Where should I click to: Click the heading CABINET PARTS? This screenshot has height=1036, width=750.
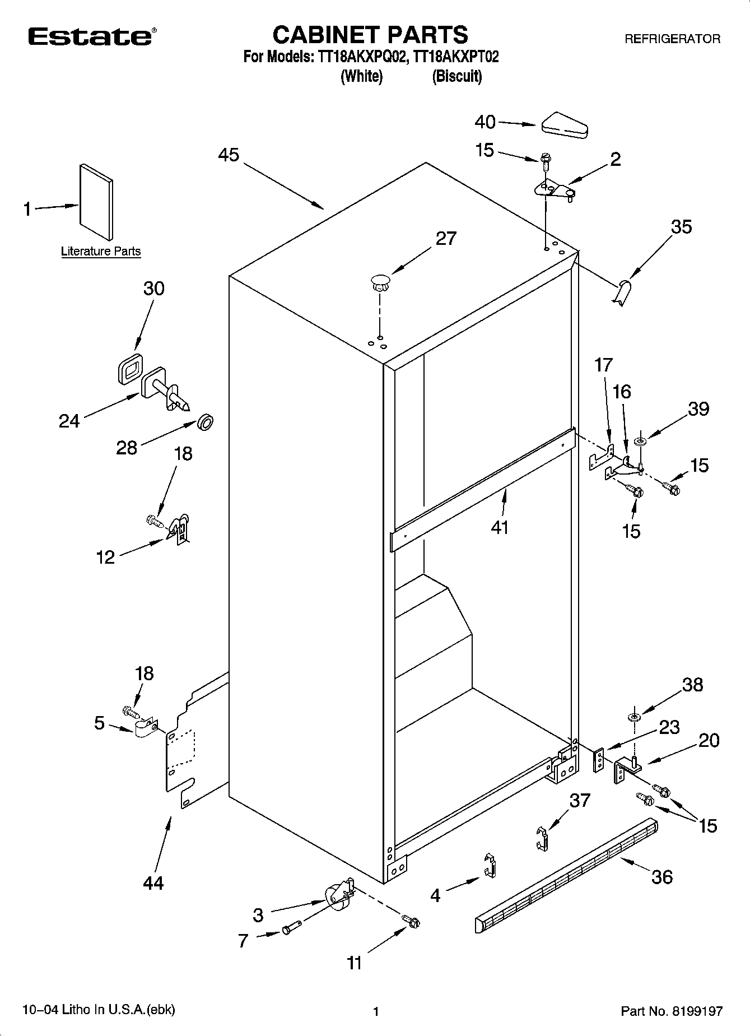pyautogui.click(x=370, y=35)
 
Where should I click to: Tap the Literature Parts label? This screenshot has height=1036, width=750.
pyautogui.click(x=101, y=252)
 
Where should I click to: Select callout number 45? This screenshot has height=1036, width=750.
pyautogui.click(x=229, y=155)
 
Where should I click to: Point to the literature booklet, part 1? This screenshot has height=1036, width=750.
pyautogui.click(x=96, y=202)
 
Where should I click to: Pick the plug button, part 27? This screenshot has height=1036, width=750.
pyautogui.click(x=380, y=281)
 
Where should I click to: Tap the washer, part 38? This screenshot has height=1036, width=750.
pyautogui.click(x=634, y=718)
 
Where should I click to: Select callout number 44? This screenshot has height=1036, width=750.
pyautogui.click(x=153, y=883)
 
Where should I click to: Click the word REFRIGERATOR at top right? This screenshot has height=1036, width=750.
pyautogui.click(x=672, y=39)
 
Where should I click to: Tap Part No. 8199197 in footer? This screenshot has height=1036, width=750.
pyautogui.click(x=672, y=1011)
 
